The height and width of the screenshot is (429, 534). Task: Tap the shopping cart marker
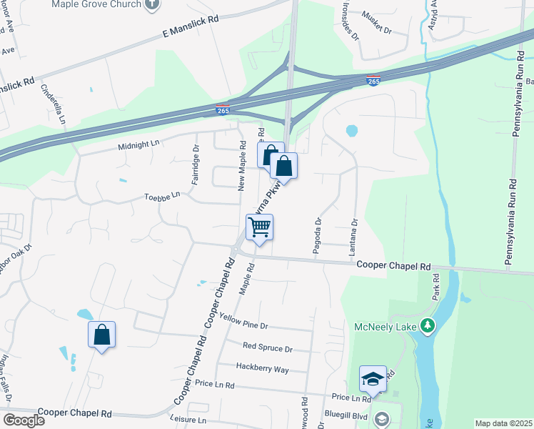coord(260,228)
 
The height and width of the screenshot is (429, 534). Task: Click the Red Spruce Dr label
coord(268,348)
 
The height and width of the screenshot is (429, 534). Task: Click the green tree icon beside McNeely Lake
coord(428,327)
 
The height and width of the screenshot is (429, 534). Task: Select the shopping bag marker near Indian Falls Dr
coord(102,335)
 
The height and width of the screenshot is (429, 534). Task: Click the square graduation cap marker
coord(373,379)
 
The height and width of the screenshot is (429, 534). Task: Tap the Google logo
coord(24,420)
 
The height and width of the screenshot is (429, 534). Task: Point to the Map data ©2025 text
coord(503,423)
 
